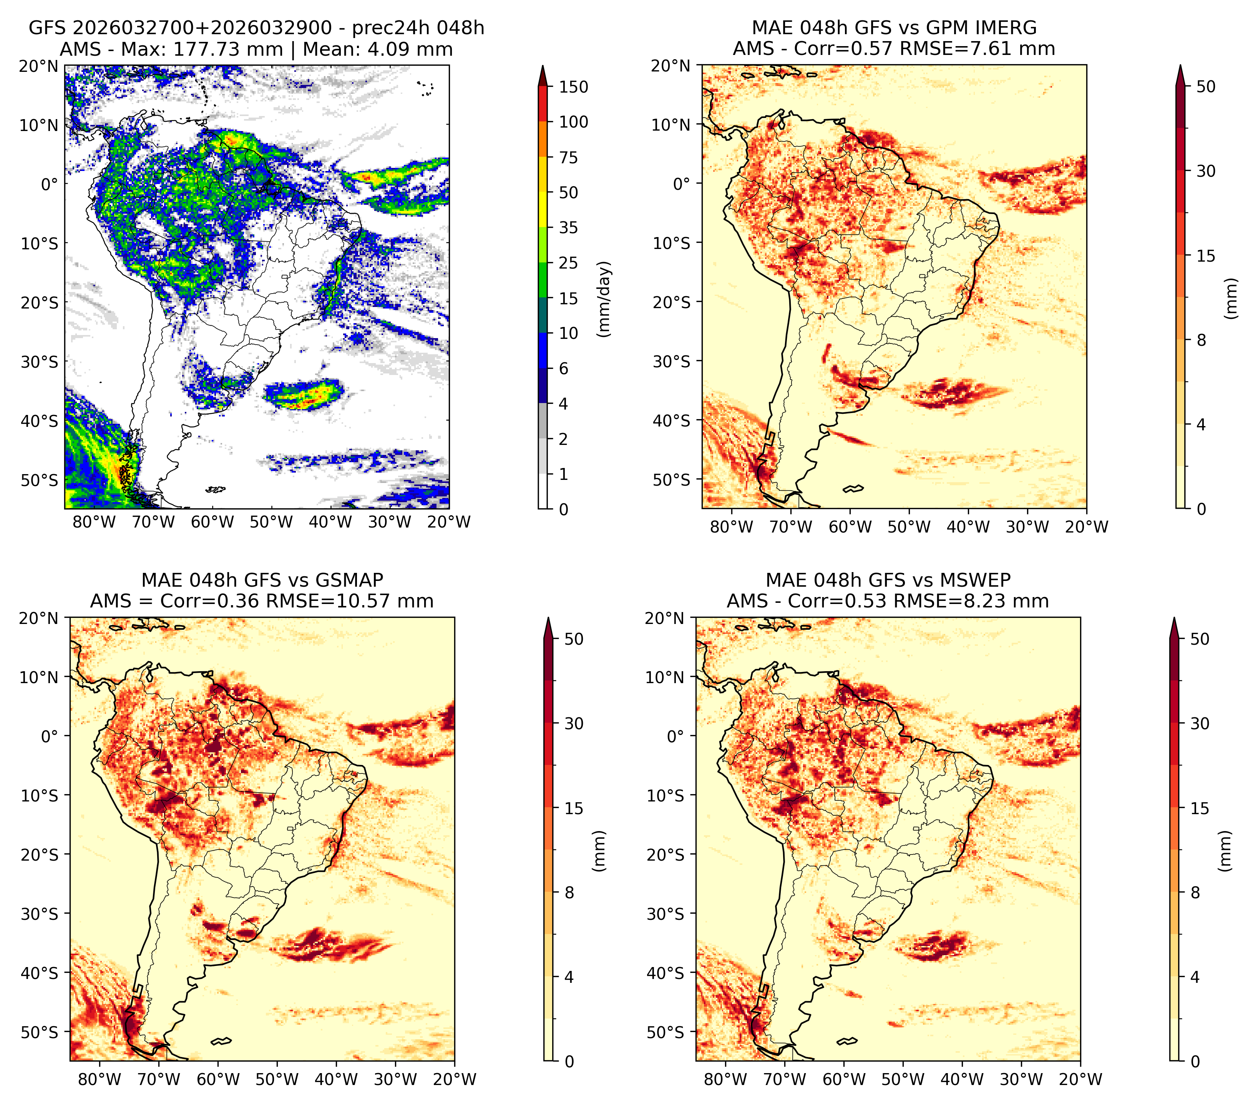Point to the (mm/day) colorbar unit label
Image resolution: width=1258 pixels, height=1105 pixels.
604,299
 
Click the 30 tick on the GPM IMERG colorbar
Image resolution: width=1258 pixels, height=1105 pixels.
1206,171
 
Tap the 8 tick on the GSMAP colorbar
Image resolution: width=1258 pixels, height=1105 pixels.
569,893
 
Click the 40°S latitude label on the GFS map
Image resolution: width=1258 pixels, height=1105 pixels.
40,421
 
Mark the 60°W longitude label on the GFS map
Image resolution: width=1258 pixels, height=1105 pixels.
212,523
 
